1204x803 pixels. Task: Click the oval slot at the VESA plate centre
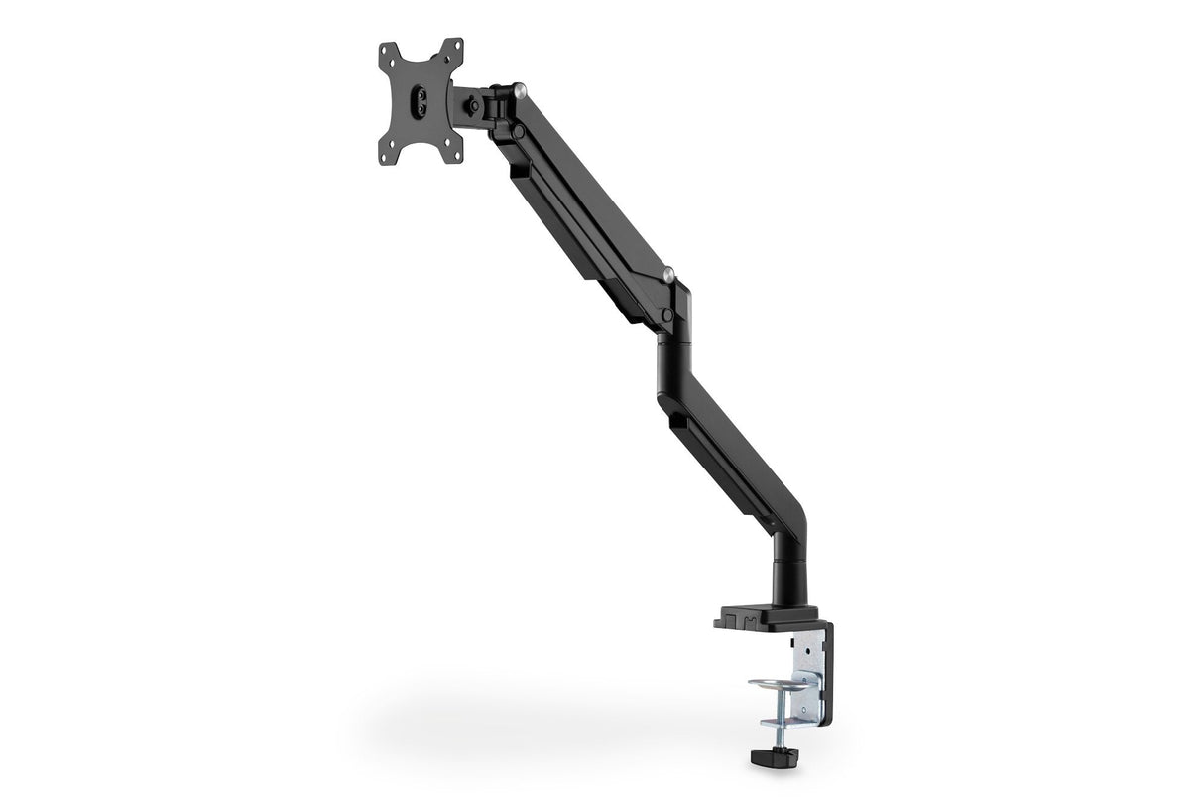[421, 101]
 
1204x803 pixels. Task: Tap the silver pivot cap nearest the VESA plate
[519, 90]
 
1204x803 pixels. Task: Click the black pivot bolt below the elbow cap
[667, 315]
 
